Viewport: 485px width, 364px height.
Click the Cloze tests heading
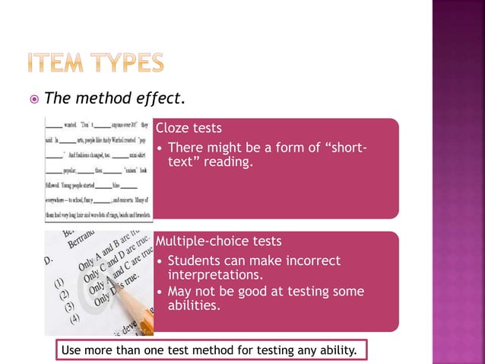189,128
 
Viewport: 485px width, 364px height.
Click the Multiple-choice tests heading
218,241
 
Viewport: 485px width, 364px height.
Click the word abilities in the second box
194,305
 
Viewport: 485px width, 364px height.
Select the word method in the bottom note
211,350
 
